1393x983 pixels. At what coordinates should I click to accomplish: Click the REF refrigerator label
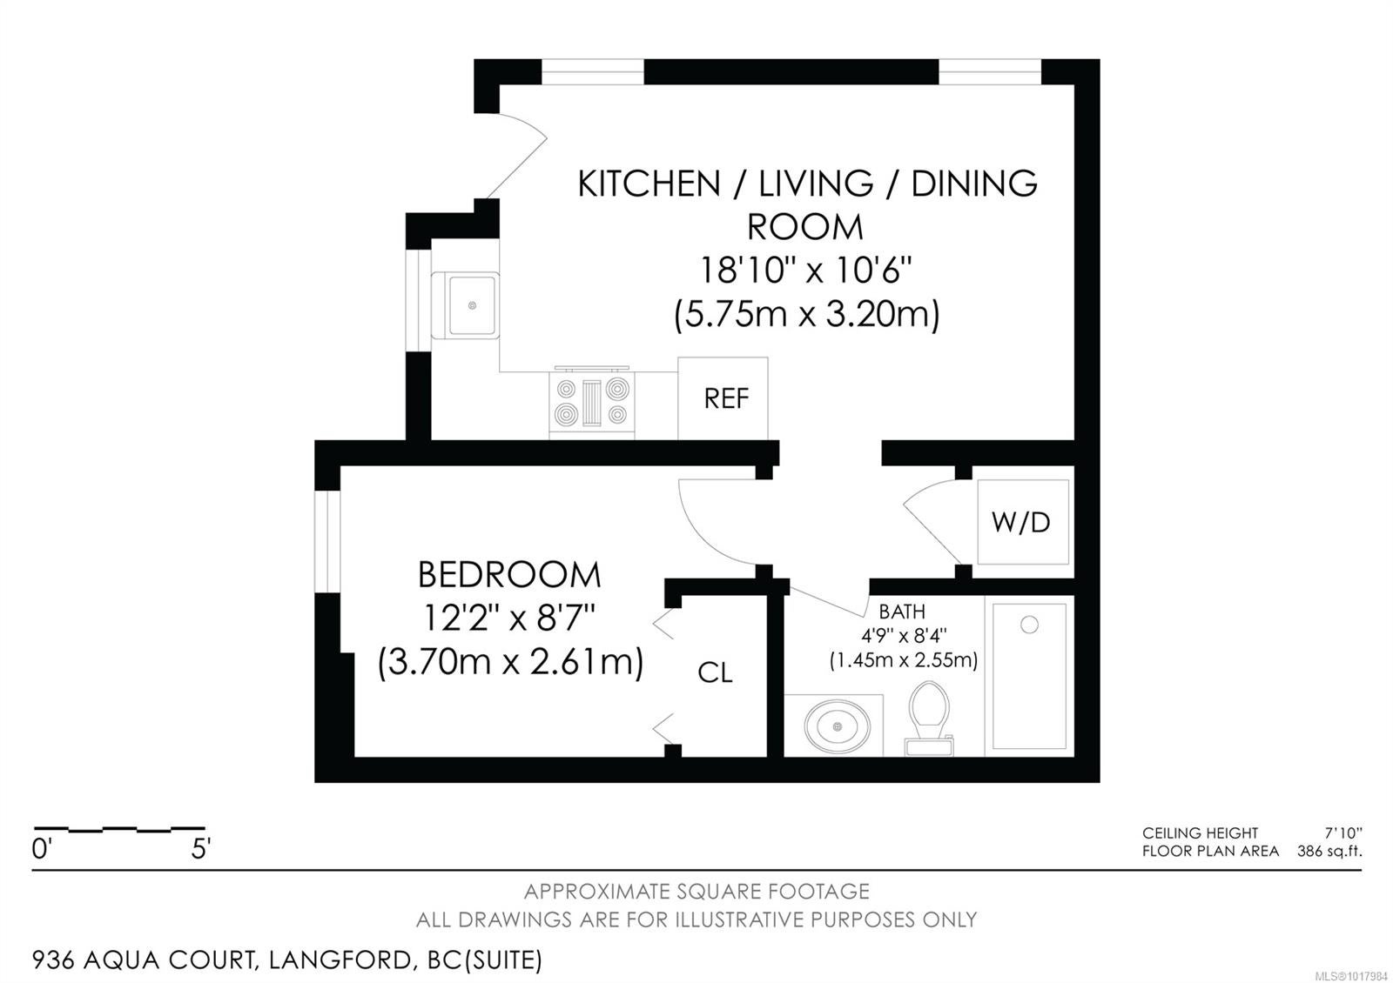tap(726, 399)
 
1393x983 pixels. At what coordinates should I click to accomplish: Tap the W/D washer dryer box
tap(1022, 522)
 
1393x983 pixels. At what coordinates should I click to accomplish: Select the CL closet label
tap(715, 672)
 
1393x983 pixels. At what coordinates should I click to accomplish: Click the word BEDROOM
tap(509, 575)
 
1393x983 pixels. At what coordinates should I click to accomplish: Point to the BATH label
tap(902, 612)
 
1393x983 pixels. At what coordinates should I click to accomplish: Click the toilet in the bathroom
tap(929, 719)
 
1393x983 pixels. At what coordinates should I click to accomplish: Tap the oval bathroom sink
tap(837, 726)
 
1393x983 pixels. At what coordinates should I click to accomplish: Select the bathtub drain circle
tap(1029, 625)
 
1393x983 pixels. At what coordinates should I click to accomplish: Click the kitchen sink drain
tap(472, 305)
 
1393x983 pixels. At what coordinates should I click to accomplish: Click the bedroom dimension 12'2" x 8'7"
tap(509, 619)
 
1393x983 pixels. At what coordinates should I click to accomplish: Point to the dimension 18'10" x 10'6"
tap(806, 271)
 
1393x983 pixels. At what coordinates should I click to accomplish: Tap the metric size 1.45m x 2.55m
tap(904, 660)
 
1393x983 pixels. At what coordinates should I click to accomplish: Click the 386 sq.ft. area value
tap(1329, 851)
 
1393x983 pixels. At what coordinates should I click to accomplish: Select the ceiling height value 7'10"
tap(1343, 833)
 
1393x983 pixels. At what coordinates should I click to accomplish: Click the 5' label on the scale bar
tap(201, 849)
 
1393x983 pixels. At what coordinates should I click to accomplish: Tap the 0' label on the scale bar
tap(40, 849)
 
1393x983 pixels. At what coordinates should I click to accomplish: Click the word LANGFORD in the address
tap(340, 960)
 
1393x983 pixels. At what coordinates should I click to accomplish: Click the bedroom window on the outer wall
tap(327, 542)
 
